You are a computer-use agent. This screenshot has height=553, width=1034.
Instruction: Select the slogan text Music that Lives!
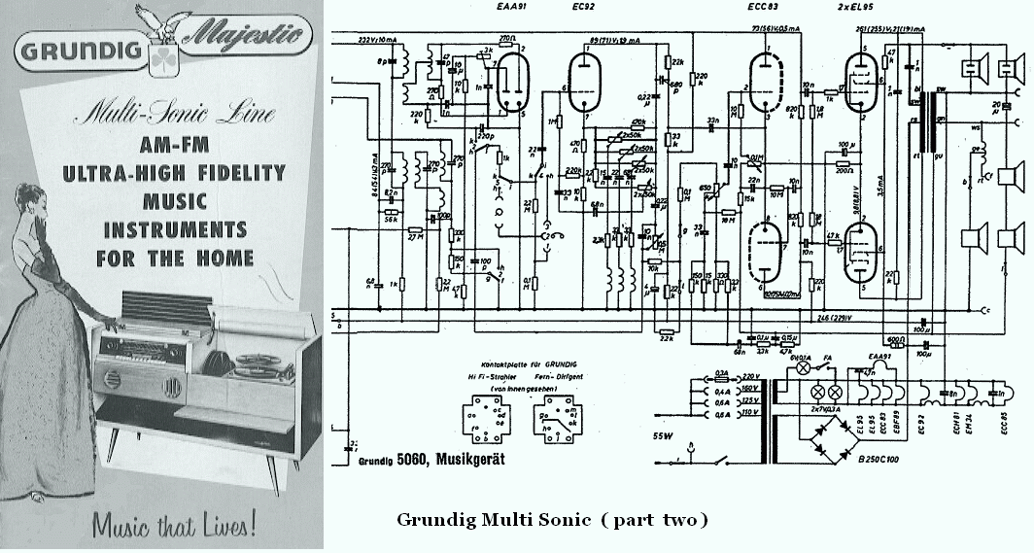coord(175,525)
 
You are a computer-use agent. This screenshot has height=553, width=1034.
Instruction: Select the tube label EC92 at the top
coord(582,9)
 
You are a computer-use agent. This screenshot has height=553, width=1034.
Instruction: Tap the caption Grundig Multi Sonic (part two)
coord(553,519)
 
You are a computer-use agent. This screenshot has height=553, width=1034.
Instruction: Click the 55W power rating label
coord(663,436)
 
